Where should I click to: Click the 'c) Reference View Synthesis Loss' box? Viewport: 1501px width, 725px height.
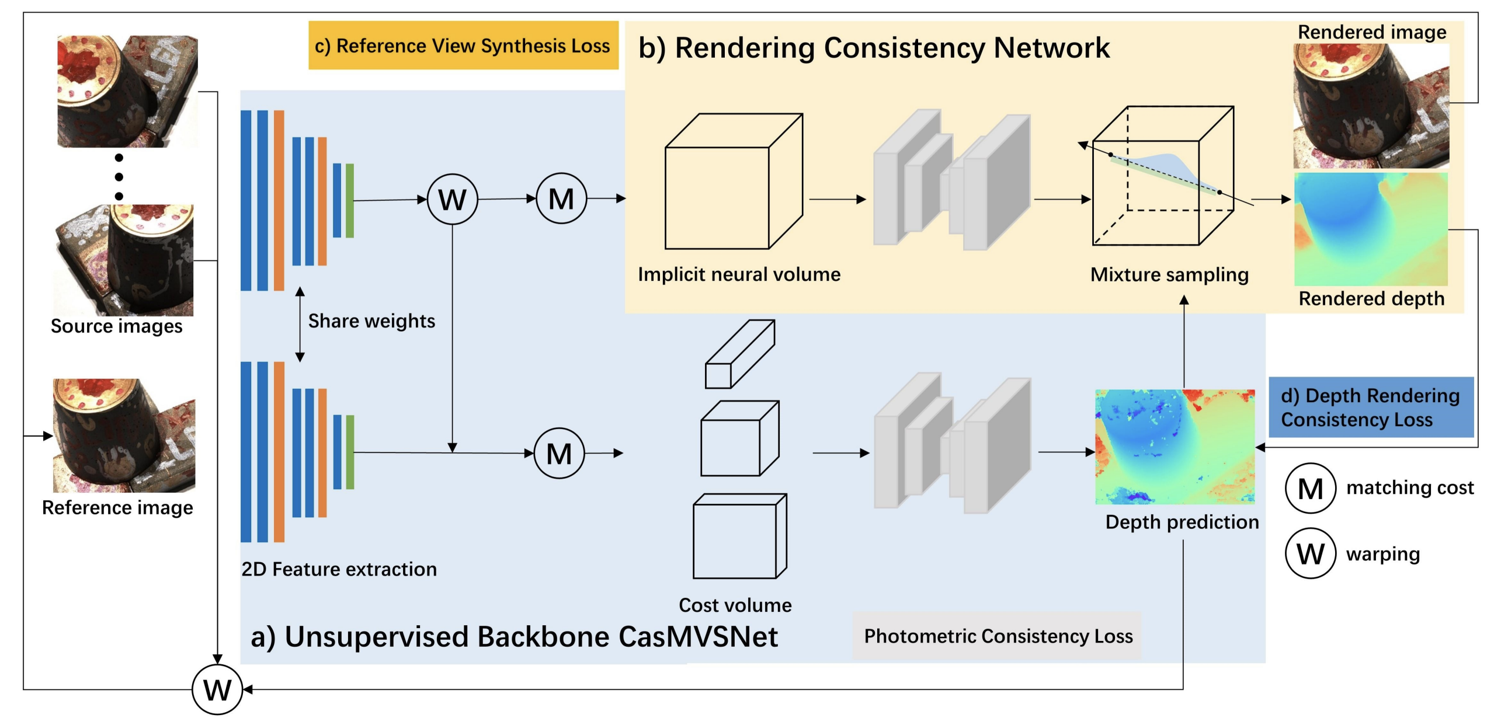click(463, 46)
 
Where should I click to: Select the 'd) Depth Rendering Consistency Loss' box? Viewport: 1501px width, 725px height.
click(1370, 407)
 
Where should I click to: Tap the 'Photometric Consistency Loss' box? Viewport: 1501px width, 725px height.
click(997, 636)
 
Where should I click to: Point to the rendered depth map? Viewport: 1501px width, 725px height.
click(1371, 229)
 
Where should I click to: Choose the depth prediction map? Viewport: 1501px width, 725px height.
click(1175, 447)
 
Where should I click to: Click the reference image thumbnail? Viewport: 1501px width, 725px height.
click(124, 435)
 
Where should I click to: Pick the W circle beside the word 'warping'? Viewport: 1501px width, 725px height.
click(1310, 553)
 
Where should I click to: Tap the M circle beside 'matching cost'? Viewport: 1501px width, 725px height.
click(1310, 489)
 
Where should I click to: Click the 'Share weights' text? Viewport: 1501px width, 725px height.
click(371, 321)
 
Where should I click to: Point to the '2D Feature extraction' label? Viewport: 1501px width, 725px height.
click(339, 569)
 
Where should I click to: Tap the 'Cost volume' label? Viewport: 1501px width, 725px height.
click(735, 605)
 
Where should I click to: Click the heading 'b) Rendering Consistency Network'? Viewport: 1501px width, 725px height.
click(873, 48)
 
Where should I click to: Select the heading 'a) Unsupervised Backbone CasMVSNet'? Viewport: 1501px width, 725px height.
click(514, 637)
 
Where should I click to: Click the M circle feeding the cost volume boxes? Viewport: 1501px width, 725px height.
click(559, 454)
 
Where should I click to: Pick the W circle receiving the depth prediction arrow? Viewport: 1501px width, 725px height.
click(217, 690)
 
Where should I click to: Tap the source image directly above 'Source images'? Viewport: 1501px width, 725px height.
click(124, 260)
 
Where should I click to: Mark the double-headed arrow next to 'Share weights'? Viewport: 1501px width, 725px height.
click(300, 325)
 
